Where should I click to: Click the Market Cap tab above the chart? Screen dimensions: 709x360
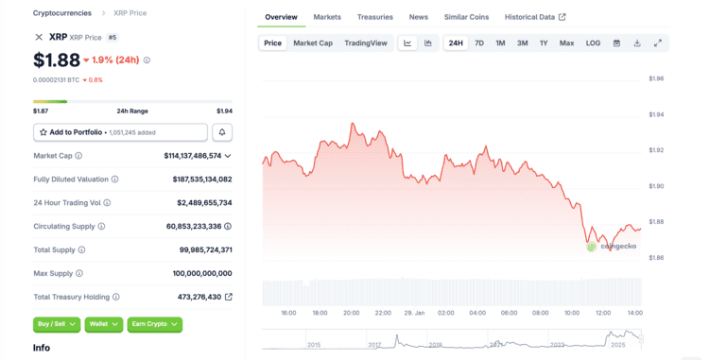(313, 43)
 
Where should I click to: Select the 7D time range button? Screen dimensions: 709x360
(479, 43)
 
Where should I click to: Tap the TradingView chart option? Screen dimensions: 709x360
(366, 43)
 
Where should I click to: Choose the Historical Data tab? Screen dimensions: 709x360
(535, 17)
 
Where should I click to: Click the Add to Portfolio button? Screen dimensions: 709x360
(120, 132)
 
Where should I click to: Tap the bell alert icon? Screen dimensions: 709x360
(222, 132)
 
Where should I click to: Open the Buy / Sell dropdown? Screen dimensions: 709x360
(57, 324)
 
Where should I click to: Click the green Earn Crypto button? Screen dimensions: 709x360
(155, 324)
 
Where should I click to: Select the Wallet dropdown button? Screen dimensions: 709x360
(104, 324)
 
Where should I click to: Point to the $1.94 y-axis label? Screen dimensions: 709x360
(656, 114)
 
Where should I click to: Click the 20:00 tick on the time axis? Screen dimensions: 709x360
(352, 313)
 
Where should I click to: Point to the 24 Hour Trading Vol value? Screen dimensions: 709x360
(204, 203)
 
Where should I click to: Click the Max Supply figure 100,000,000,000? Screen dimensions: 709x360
(202, 273)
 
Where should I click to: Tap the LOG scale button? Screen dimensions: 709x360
(593, 43)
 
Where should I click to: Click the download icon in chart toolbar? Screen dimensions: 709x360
(637, 43)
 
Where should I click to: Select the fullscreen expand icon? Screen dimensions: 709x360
(658, 43)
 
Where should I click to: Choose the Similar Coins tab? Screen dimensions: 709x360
(466, 17)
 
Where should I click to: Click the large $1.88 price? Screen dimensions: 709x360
(57, 60)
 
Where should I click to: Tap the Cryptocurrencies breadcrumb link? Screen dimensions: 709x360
(62, 13)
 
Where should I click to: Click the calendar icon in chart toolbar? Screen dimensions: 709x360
(616, 43)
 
